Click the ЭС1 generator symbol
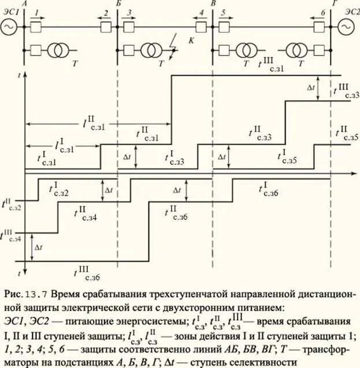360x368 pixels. coord(10,27)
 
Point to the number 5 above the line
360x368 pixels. coord(222,12)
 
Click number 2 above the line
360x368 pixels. coord(106,12)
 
